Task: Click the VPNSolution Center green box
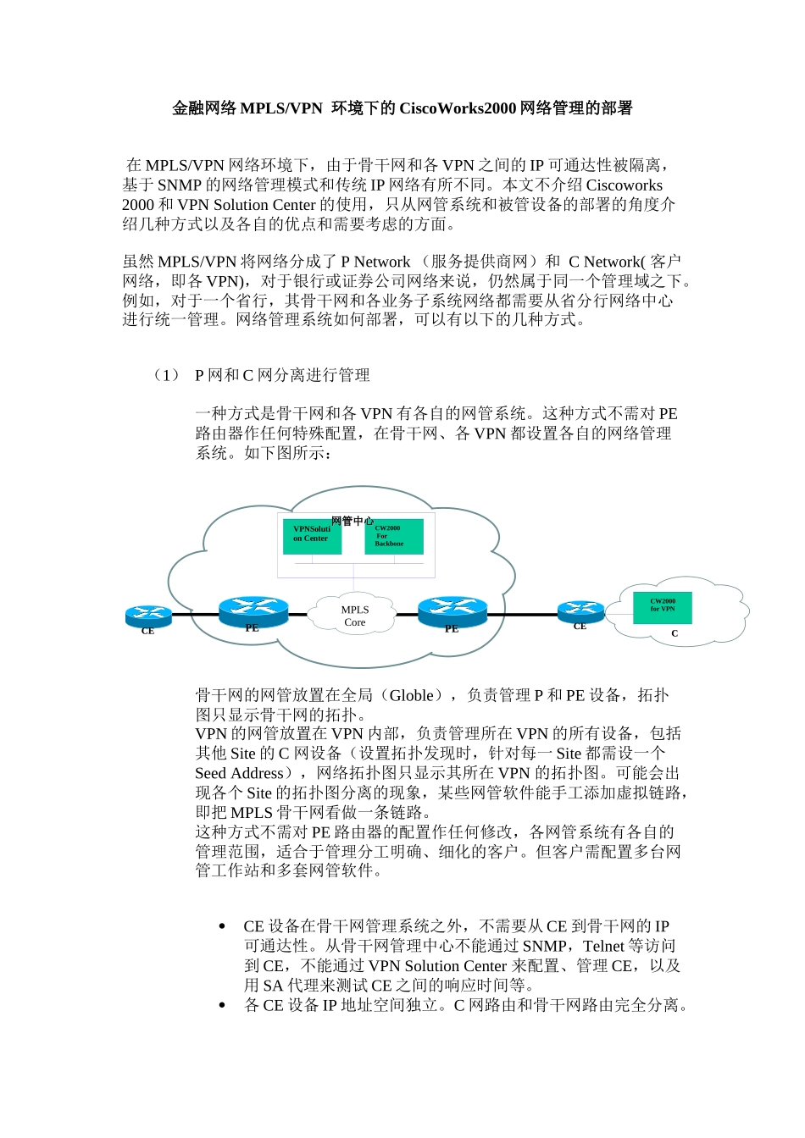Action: (312, 536)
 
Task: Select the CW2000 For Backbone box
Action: (393, 536)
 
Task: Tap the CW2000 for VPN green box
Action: (662, 607)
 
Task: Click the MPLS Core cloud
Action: (354, 616)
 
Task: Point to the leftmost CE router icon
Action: (148, 615)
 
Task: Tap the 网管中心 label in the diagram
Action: (352, 521)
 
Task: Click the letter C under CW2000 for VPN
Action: (675, 633)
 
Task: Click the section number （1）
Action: (166, 375)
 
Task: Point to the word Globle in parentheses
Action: (412, 695)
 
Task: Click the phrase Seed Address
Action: (239, 773)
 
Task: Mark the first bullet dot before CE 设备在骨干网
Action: (222, 927)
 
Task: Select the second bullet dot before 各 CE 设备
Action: (222, 1006)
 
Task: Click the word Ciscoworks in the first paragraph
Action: (625, 185)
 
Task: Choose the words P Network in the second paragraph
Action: (375, 262)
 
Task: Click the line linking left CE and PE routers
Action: (195, 615)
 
